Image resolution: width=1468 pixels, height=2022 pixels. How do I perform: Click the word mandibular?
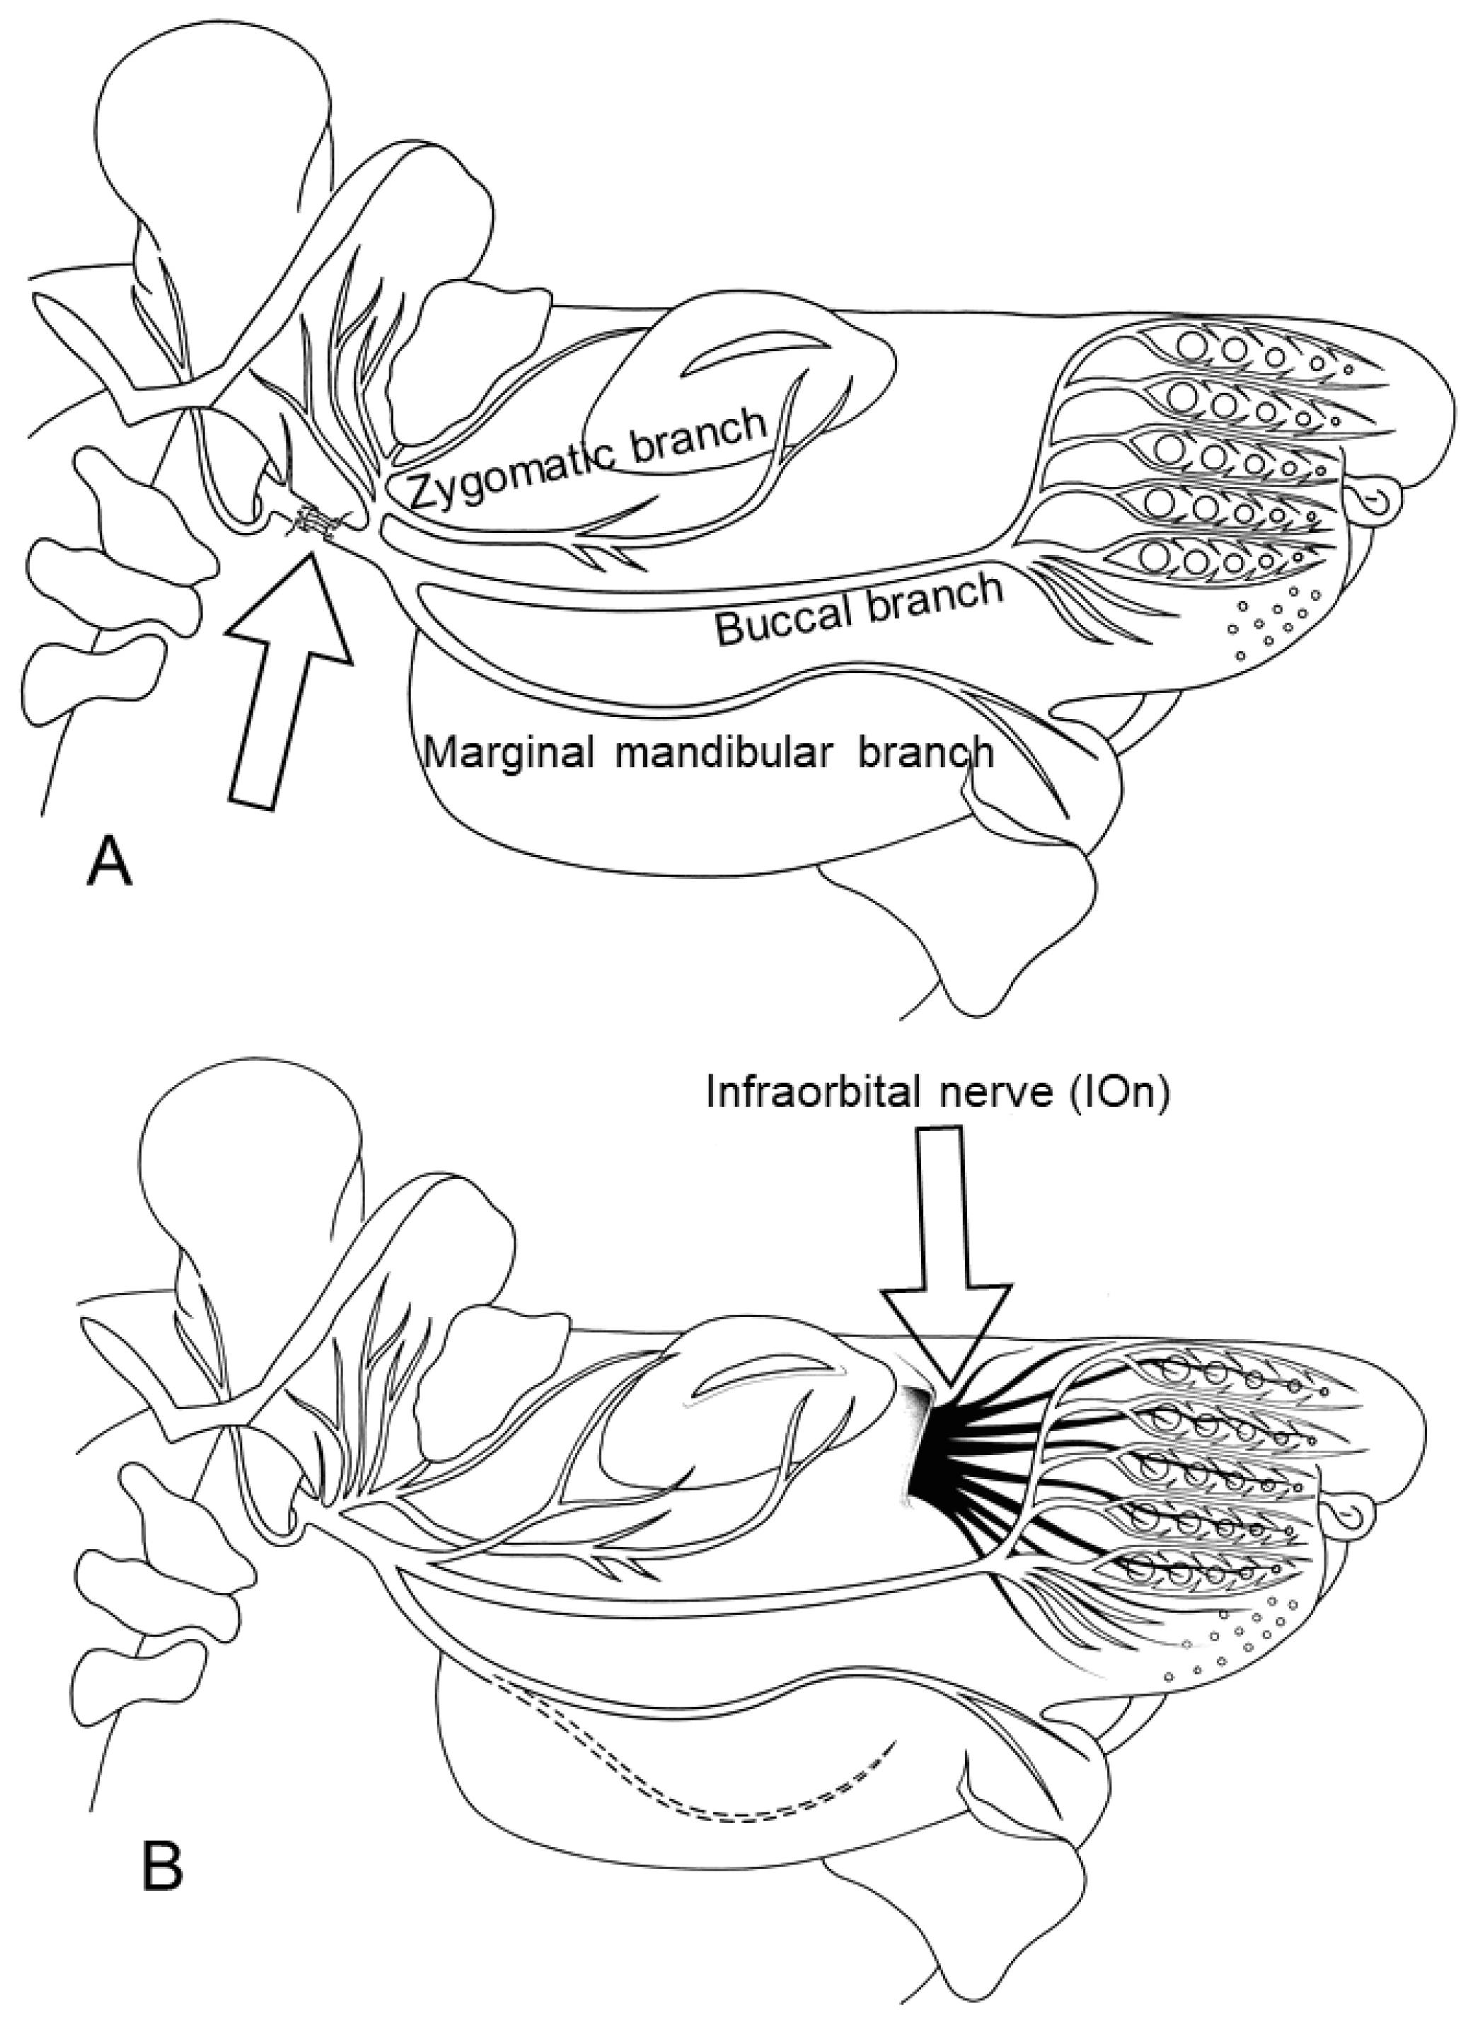click(721, 752)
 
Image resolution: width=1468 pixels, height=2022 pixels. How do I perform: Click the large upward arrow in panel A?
click(287, 682)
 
